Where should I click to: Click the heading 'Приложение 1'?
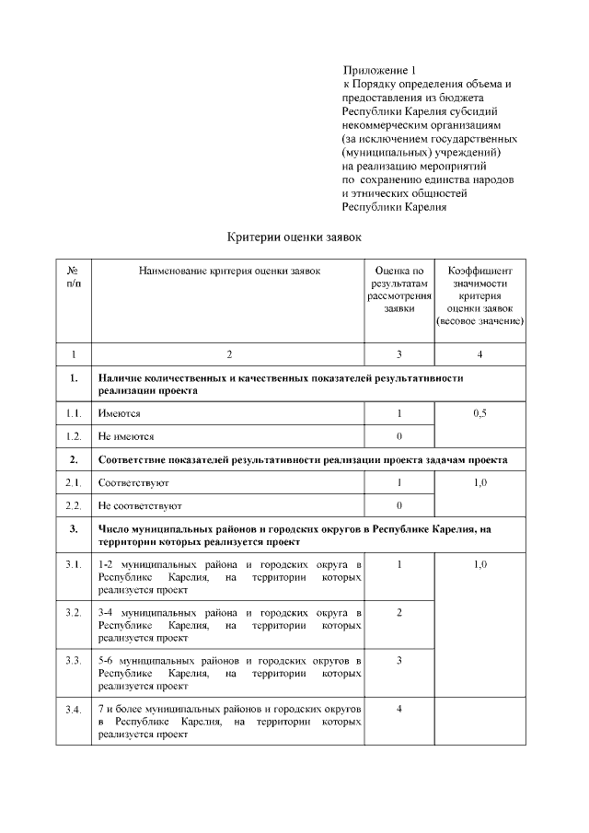coord(379,70)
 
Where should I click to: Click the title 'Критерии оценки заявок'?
coord(294,237)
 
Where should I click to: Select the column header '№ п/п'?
coord(73,277)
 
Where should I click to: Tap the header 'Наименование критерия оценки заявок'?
coord(229,271)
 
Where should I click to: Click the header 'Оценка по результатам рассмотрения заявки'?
coord(399,290)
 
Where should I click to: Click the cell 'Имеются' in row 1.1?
coord(119,414)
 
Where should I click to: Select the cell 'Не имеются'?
coord(126,435)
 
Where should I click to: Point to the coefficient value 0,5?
coord(479,414)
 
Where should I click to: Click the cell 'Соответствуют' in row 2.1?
coord(133,483)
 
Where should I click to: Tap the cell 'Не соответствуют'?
coord(140,505)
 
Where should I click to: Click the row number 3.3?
coord(73,661)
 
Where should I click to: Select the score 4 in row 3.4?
coord(399,709)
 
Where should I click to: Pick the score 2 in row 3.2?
coord(399,612)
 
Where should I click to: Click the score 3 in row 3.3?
coord(399,661)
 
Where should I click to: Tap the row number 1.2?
coord(73,435)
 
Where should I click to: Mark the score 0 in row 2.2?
coord(399,505)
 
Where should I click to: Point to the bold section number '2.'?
coord(73,459)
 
